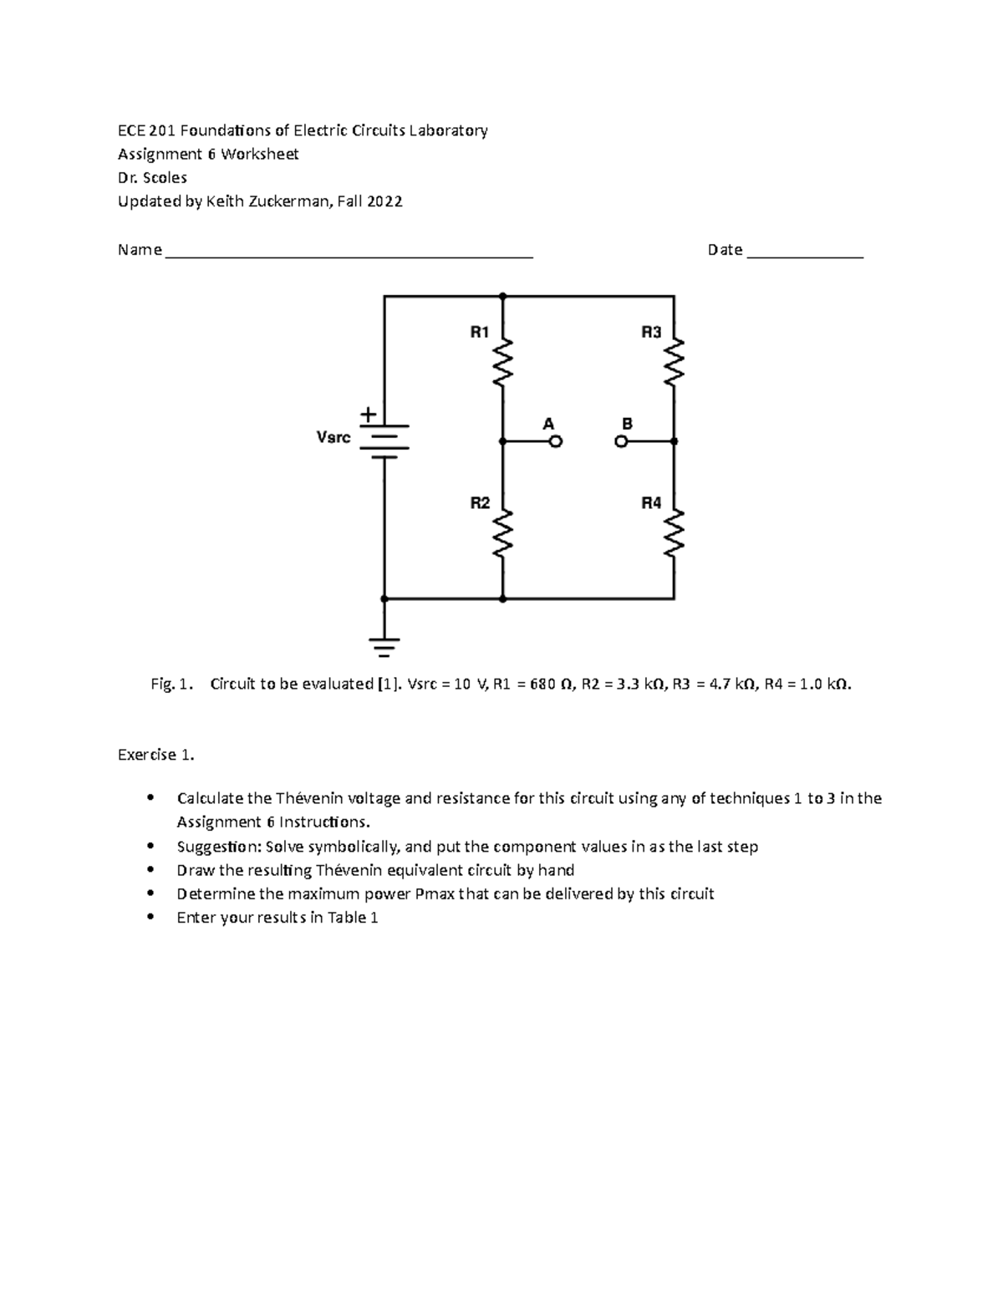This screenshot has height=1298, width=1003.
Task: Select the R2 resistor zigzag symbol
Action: click(502, 532)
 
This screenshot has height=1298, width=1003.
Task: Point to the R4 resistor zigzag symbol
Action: click(674, 532)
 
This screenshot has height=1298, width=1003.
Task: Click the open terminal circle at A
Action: click(555, 441)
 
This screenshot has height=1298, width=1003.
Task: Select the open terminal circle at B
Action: click(621, 441)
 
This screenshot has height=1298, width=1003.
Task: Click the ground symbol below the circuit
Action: click(384, 646)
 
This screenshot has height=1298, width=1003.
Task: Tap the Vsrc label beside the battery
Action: click(333, 437)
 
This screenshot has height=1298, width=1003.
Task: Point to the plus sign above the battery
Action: click(368, 415)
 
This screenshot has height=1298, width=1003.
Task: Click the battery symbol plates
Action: click(384, 441)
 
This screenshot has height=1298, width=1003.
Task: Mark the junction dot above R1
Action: click(502, 296)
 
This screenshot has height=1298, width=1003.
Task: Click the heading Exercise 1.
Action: click(156, 755)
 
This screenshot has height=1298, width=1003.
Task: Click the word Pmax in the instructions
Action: click(434, 893)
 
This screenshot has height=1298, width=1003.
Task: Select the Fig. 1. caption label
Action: click(172, 684)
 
